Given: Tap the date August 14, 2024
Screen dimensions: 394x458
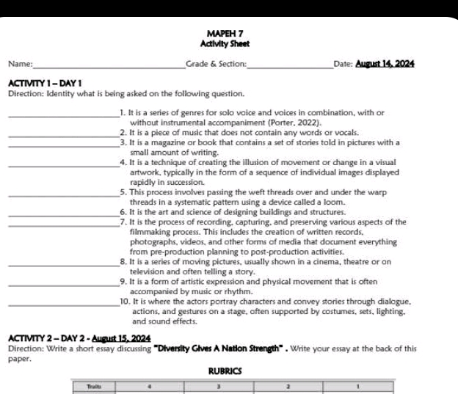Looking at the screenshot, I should coord(385,65).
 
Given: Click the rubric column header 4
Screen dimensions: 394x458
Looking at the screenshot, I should coord(148,384).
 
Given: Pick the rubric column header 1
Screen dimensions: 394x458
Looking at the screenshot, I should coord(358,384).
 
